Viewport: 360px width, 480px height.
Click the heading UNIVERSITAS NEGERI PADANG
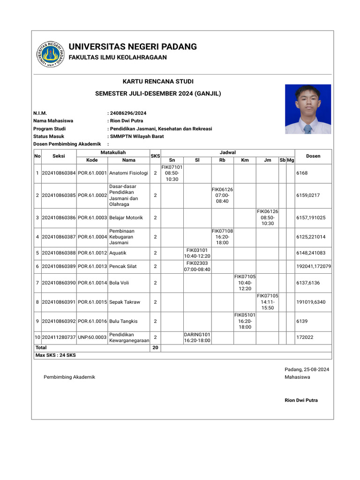133,47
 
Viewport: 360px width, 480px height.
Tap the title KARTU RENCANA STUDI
158,82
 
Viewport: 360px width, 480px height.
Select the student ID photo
307,109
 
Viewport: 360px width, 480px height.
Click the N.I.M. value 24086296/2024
128,113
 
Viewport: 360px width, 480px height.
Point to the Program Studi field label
49,128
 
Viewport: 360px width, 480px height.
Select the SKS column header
155,156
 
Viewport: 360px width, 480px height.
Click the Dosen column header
313,156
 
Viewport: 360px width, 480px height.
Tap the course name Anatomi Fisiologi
128,173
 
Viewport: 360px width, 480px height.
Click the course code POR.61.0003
92,217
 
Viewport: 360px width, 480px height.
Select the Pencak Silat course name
123,266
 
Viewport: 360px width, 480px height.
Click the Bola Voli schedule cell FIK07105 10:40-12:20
245,283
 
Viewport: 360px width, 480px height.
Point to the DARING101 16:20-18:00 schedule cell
197,337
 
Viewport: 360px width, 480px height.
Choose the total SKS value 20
155,348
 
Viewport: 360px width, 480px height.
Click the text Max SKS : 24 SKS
55,355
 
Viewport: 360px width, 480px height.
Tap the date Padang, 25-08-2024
307,369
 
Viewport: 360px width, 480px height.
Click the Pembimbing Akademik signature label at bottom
69,377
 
